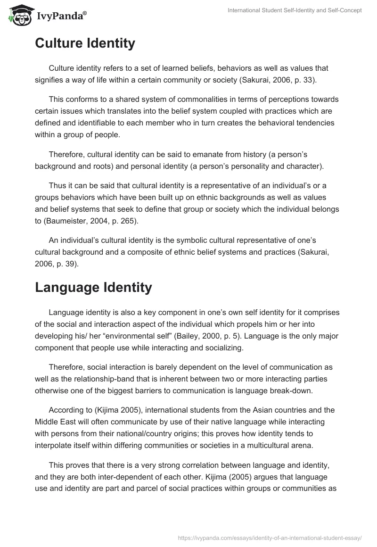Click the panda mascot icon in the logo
pos(17,15)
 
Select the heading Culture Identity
pos(85,43)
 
